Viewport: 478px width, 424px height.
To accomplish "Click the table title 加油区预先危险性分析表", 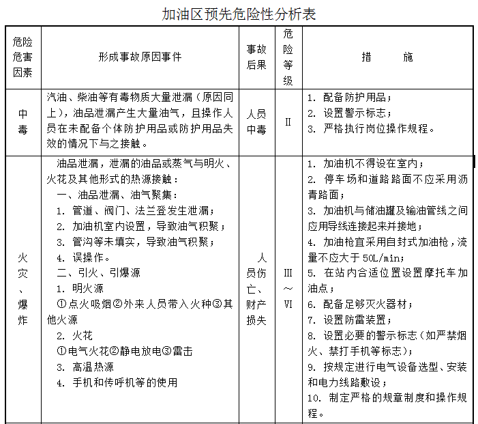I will coord(239,14).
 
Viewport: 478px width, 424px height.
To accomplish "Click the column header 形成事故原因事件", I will coord(140,57).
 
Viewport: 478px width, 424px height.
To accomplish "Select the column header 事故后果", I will coord(257,57).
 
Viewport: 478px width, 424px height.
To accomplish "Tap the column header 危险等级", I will coord(288,57).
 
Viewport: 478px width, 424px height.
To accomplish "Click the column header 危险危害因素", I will coord(23,57).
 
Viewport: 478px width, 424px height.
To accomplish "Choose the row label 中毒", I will coord(23,122).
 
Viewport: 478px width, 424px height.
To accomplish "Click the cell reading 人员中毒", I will coord(257,122).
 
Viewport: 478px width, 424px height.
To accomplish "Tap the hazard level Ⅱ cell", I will coord(288,122).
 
